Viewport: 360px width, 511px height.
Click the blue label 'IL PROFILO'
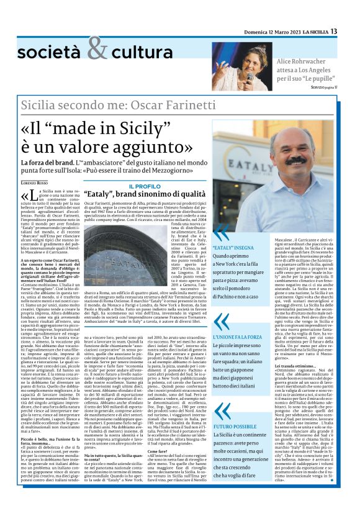(144, 186)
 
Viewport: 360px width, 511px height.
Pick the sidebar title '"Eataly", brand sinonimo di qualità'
(143, 194)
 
